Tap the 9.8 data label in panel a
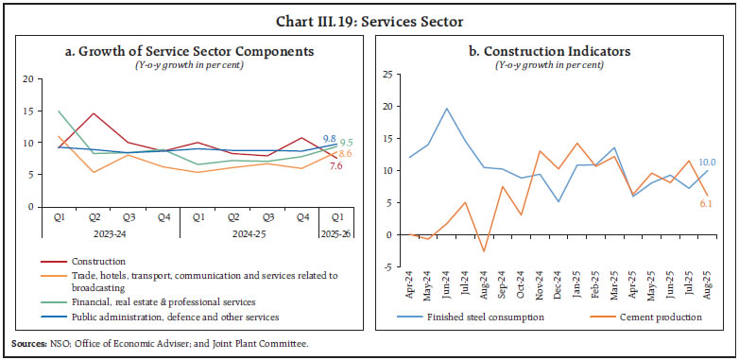coord(330,138)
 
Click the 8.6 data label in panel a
coord(346,154)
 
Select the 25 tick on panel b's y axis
coord(386,74)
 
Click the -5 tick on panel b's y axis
coord(386,266)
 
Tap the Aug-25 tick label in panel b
coord(706,287)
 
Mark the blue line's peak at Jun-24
coord(446,109)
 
